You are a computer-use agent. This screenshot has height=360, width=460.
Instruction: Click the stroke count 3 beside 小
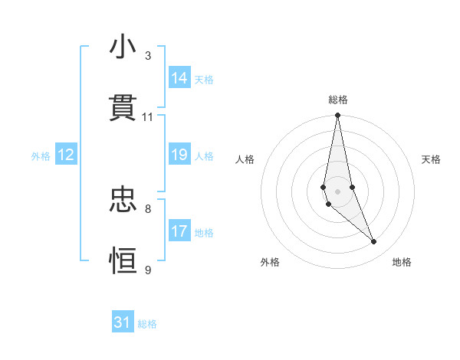coord(148,56)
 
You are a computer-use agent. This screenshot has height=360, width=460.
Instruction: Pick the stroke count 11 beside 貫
coord(148,117)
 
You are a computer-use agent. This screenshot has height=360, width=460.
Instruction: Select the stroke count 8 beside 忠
coord(148,208)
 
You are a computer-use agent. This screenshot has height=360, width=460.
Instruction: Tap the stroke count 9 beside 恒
coord(148,270)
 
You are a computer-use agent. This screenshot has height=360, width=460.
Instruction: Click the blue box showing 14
coord(179,78)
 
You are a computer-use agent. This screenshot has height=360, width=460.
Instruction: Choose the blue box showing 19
coord(179,155)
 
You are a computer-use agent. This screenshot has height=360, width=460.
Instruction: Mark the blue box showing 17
coord(179,231)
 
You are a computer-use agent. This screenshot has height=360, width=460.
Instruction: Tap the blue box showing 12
coord(65,155)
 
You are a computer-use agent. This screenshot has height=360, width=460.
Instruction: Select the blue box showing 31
coord(123,322)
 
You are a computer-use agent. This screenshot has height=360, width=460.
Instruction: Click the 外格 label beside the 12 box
coord(41,156)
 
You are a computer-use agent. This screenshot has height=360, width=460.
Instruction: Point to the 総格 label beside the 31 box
coord(147,324)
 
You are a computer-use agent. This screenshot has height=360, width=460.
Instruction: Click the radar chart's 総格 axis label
coord(338,100)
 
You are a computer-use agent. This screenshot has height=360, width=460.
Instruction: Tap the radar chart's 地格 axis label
coord(402,262)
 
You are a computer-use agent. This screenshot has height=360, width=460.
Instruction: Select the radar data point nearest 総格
coord(337,116)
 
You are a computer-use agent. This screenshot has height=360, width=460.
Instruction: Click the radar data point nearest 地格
coord(374,242)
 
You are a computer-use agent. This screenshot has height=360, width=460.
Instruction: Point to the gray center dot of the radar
coord(337,191)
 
